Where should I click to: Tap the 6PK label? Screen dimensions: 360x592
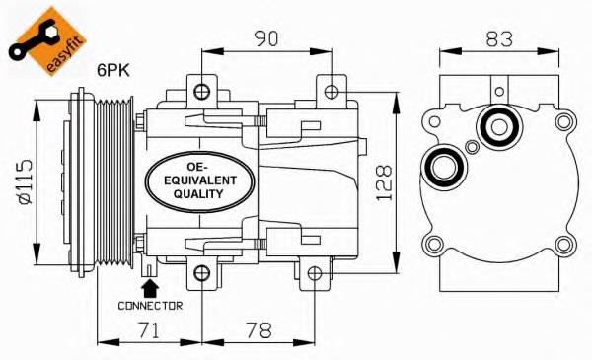coord(115,70)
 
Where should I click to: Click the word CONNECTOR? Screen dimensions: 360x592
coord(150,306)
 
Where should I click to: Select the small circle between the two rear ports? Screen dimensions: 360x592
coord(472,148)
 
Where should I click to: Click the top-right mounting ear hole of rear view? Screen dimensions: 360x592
coord(563,123)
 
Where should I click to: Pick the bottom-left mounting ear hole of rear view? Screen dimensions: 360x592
coord(431,244)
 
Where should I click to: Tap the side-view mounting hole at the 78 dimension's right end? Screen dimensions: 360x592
coord(314,273)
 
